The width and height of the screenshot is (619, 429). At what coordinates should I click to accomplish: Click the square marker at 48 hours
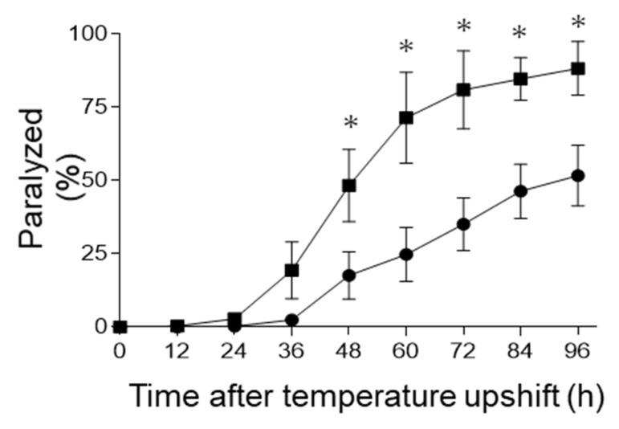tap(348, 186)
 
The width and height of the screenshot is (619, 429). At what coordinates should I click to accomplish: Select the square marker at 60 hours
tap(406, 117)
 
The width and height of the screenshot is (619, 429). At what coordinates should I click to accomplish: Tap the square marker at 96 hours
tap(577, 68)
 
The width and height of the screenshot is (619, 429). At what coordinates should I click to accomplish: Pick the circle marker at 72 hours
tap(463, 224)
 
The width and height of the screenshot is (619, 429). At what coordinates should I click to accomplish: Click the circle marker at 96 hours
tap(577, 175)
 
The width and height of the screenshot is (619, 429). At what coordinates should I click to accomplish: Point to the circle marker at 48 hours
tap(348, 276)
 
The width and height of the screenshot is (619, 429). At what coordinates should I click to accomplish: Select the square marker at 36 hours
tap(291, 270)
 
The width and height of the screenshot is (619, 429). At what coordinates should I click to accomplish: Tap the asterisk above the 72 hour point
tap(463, 27)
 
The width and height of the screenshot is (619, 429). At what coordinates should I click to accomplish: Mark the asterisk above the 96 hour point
tap(577, 23)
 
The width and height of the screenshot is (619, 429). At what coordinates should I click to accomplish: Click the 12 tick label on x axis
tap(177, 351)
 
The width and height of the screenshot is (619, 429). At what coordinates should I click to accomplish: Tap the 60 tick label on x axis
tap(406, 351)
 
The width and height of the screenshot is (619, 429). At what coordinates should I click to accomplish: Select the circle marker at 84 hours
tap(520, 191)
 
